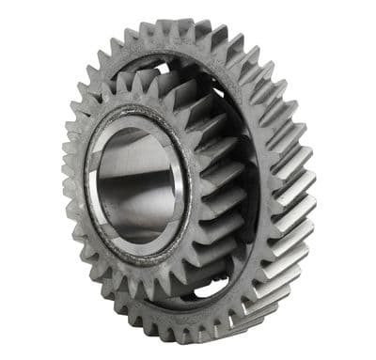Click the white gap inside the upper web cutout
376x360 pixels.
170,70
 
